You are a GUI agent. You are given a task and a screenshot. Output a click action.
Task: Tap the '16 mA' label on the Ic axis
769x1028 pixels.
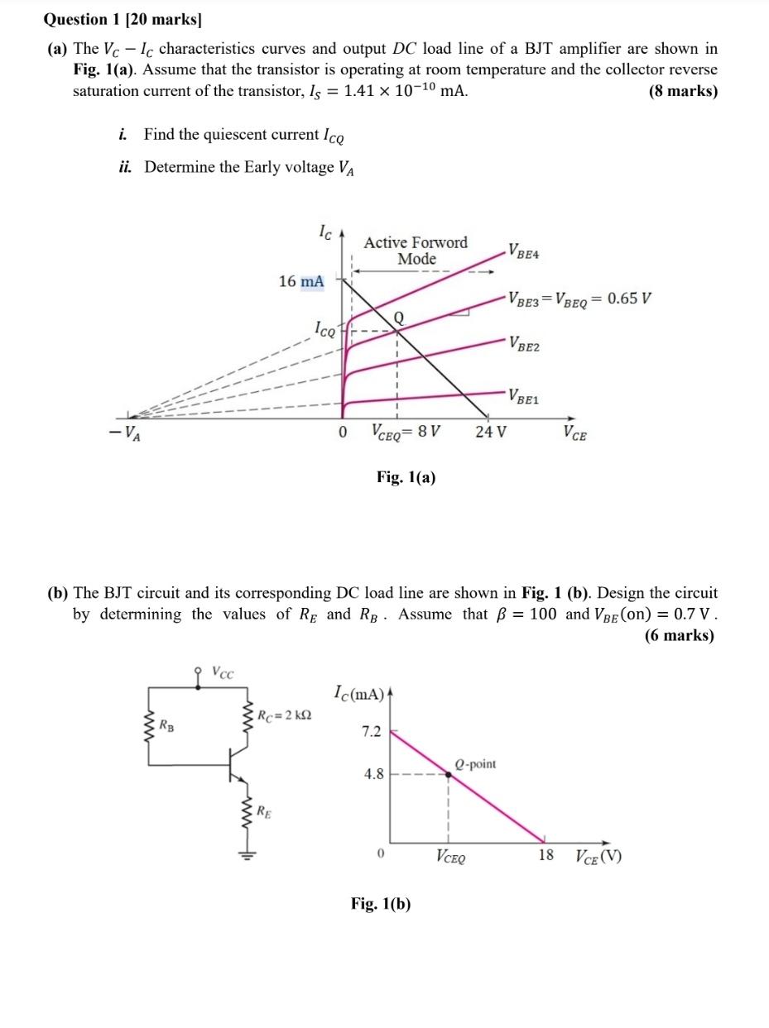(x=301, y=281)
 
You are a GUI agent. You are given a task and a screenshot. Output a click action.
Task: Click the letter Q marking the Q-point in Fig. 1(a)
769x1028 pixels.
(x=398, y=318)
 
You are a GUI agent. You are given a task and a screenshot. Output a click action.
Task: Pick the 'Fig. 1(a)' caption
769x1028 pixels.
(x=406, y=477)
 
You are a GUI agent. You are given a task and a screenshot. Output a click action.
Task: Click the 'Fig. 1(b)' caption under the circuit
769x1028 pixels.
(x=380, y=903)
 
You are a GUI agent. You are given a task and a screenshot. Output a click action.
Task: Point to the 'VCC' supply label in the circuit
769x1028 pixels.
(x=223, y=672)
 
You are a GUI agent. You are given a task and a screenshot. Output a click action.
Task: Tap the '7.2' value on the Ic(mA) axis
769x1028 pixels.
(x=372, y=731)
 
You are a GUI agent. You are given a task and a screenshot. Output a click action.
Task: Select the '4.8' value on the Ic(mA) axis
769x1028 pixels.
(x=373, y=774)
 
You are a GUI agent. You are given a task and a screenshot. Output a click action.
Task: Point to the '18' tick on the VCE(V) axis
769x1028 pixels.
(x=546, y=855)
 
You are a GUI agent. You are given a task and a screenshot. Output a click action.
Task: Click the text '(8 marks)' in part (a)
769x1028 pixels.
(x=683, y=91)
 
